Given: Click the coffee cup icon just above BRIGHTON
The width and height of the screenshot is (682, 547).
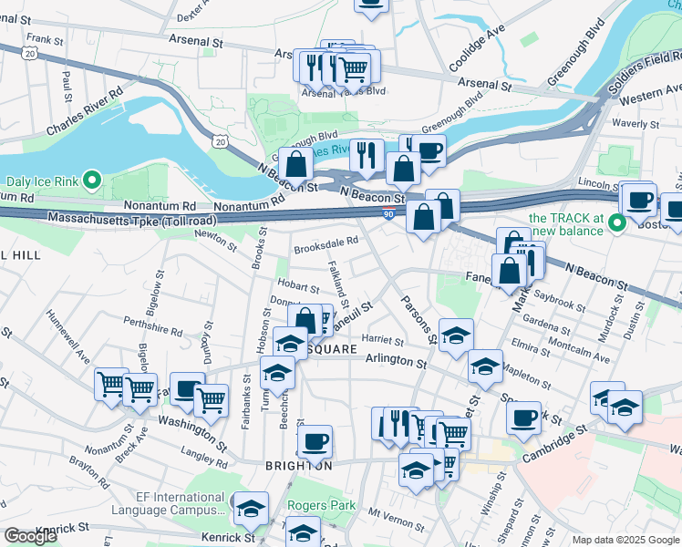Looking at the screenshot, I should coord(315,441).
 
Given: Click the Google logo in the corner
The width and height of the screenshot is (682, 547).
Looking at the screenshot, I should coord(29,536).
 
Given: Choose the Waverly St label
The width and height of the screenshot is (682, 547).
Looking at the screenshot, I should coord(637,123).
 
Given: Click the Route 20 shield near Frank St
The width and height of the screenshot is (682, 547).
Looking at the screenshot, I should coord(31,55).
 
